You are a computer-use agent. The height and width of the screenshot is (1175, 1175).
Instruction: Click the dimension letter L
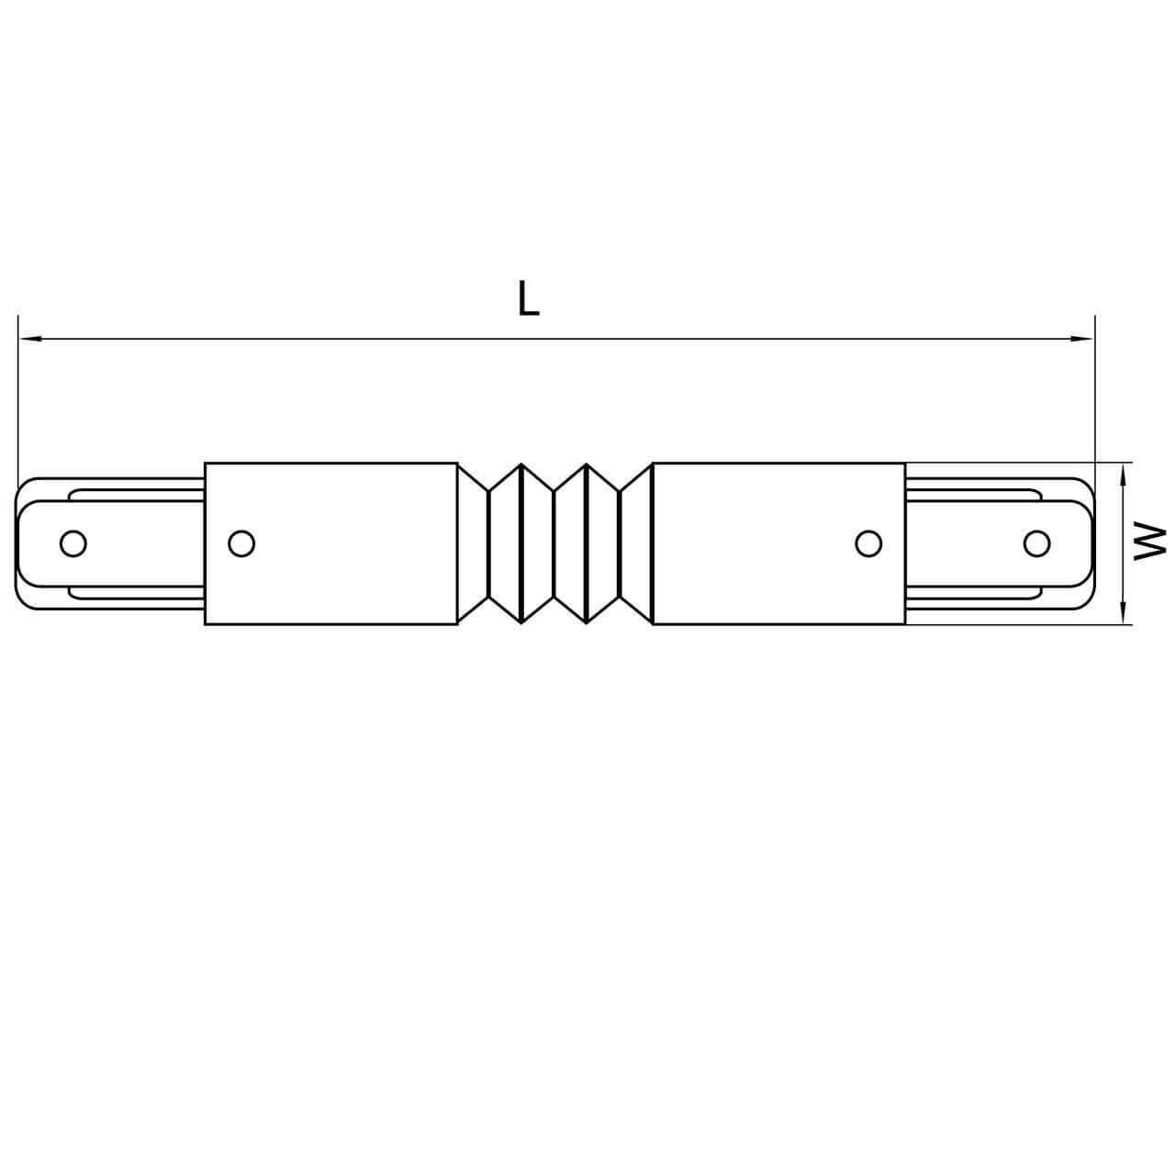[528, 299]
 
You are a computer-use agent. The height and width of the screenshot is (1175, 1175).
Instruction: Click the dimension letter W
[1149, 542]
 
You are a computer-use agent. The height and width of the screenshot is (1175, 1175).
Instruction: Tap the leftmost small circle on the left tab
[73, 543]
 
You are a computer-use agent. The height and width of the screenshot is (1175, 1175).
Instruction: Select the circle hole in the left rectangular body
[241, 543]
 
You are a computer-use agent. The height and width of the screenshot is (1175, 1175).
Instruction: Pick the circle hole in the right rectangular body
[867, 543]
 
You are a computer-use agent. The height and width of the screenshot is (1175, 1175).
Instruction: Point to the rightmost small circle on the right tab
[1036, 543]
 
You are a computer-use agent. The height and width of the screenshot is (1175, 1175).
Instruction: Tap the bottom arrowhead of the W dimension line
[1123, 615]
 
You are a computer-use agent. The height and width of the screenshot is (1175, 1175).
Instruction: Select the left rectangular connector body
[330, 543]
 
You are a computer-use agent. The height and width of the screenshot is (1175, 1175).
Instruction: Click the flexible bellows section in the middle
[554, 543]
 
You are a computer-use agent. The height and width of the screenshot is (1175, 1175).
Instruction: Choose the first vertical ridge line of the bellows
[489, 543]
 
